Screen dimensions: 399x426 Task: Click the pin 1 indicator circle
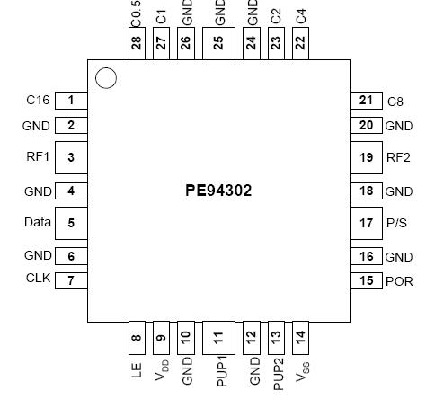tap(105, 78)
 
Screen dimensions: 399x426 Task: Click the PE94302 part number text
tap(219, 191)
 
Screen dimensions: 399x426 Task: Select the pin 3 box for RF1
tap(71, 157)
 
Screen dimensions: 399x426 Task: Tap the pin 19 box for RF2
tap(366, 157)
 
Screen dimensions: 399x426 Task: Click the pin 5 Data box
tap(71, 222)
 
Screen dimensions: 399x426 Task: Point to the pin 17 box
tap(366, 222)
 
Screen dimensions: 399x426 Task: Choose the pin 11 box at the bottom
tap(218, 337)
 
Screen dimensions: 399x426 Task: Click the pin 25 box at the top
tap(218, 42)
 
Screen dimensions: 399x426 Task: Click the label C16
tap(38, 100)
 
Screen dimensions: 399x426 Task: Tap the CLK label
tap(38, 279)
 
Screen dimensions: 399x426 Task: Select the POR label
tap(399, 281)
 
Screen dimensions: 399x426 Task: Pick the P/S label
tap(396, 223)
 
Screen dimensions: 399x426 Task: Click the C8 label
tap(395, 102)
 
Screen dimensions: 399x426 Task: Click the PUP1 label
tap(218, 372)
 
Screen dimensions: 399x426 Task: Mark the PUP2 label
tap(277, 372)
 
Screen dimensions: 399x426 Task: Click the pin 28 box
tap(137, 43)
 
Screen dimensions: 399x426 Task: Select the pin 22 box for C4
tap(300, 43)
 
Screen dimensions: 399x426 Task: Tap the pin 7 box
tap(71, 279)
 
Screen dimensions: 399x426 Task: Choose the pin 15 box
tap(366, 280)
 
